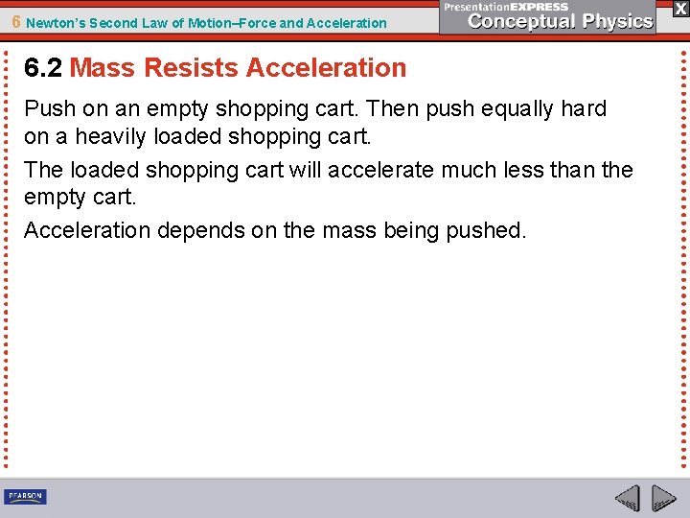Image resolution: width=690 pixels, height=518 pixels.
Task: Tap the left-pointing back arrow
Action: click(628, 499)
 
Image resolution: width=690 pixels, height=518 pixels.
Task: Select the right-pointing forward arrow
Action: click(663, 499)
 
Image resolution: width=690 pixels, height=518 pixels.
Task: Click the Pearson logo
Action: click(25, 496)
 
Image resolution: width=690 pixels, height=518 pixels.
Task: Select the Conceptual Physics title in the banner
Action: click(561, 21)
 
